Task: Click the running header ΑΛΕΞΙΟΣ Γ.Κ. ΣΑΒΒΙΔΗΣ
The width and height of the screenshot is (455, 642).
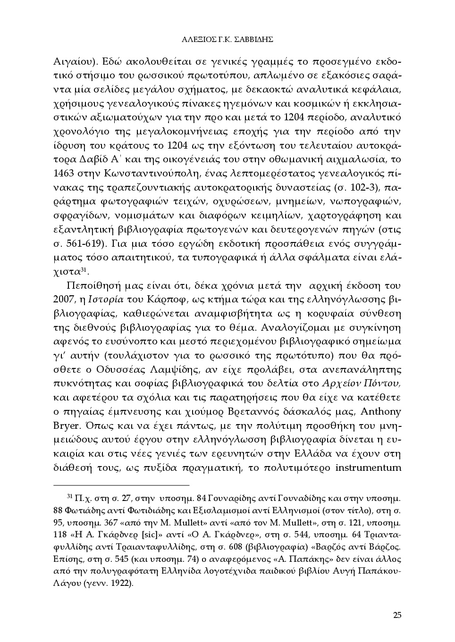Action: tap(227, 40)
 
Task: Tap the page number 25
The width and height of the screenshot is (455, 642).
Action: tap(396, 615)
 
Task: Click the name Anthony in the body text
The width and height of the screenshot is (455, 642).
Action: tap(381, 411)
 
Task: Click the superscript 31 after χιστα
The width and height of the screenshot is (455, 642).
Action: tap(84, 269)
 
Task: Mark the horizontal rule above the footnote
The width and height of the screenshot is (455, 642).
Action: tap(121, 484)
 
